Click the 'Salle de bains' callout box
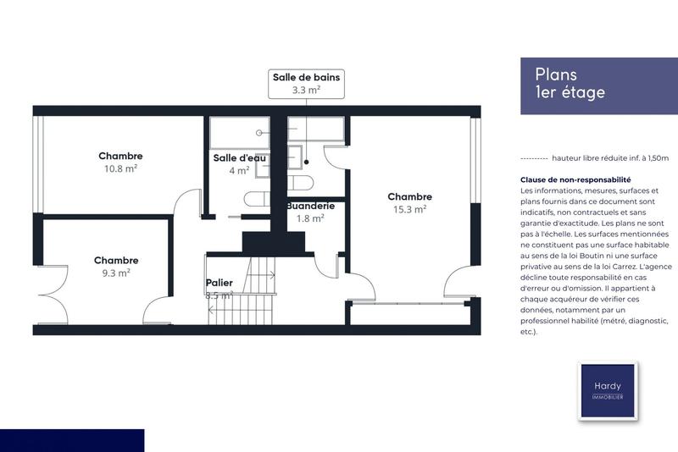click(x=306, y=83)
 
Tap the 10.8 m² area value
click(x=120, y=168)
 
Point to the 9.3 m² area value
click(x=116, y=273)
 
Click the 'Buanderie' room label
click(x=310, y=206)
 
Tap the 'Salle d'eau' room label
click(x=240, y=158)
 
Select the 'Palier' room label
click(x=219, y=283)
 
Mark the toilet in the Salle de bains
click(x=302, y=184)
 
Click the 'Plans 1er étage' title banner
click(x=592, y=84)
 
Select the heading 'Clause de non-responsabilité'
click(x=575, y=179)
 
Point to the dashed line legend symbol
click(x=533, y=158)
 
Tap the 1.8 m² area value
click(x=310, y=218)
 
